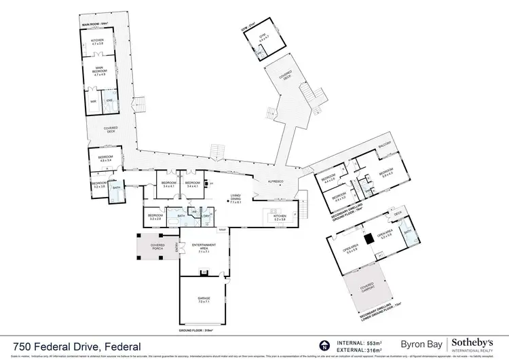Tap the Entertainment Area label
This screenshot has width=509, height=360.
pos(204,247)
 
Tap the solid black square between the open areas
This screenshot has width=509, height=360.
pos(367,238)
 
